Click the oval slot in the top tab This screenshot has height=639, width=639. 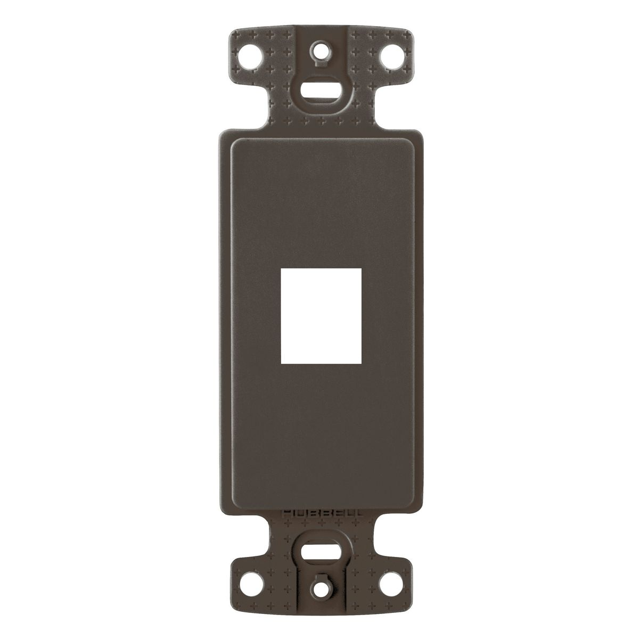[320, 89]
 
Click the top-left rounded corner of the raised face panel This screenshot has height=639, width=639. [231, 140]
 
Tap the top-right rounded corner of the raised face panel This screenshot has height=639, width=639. [409, 140]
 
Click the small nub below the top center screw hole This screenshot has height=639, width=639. [320, 65]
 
